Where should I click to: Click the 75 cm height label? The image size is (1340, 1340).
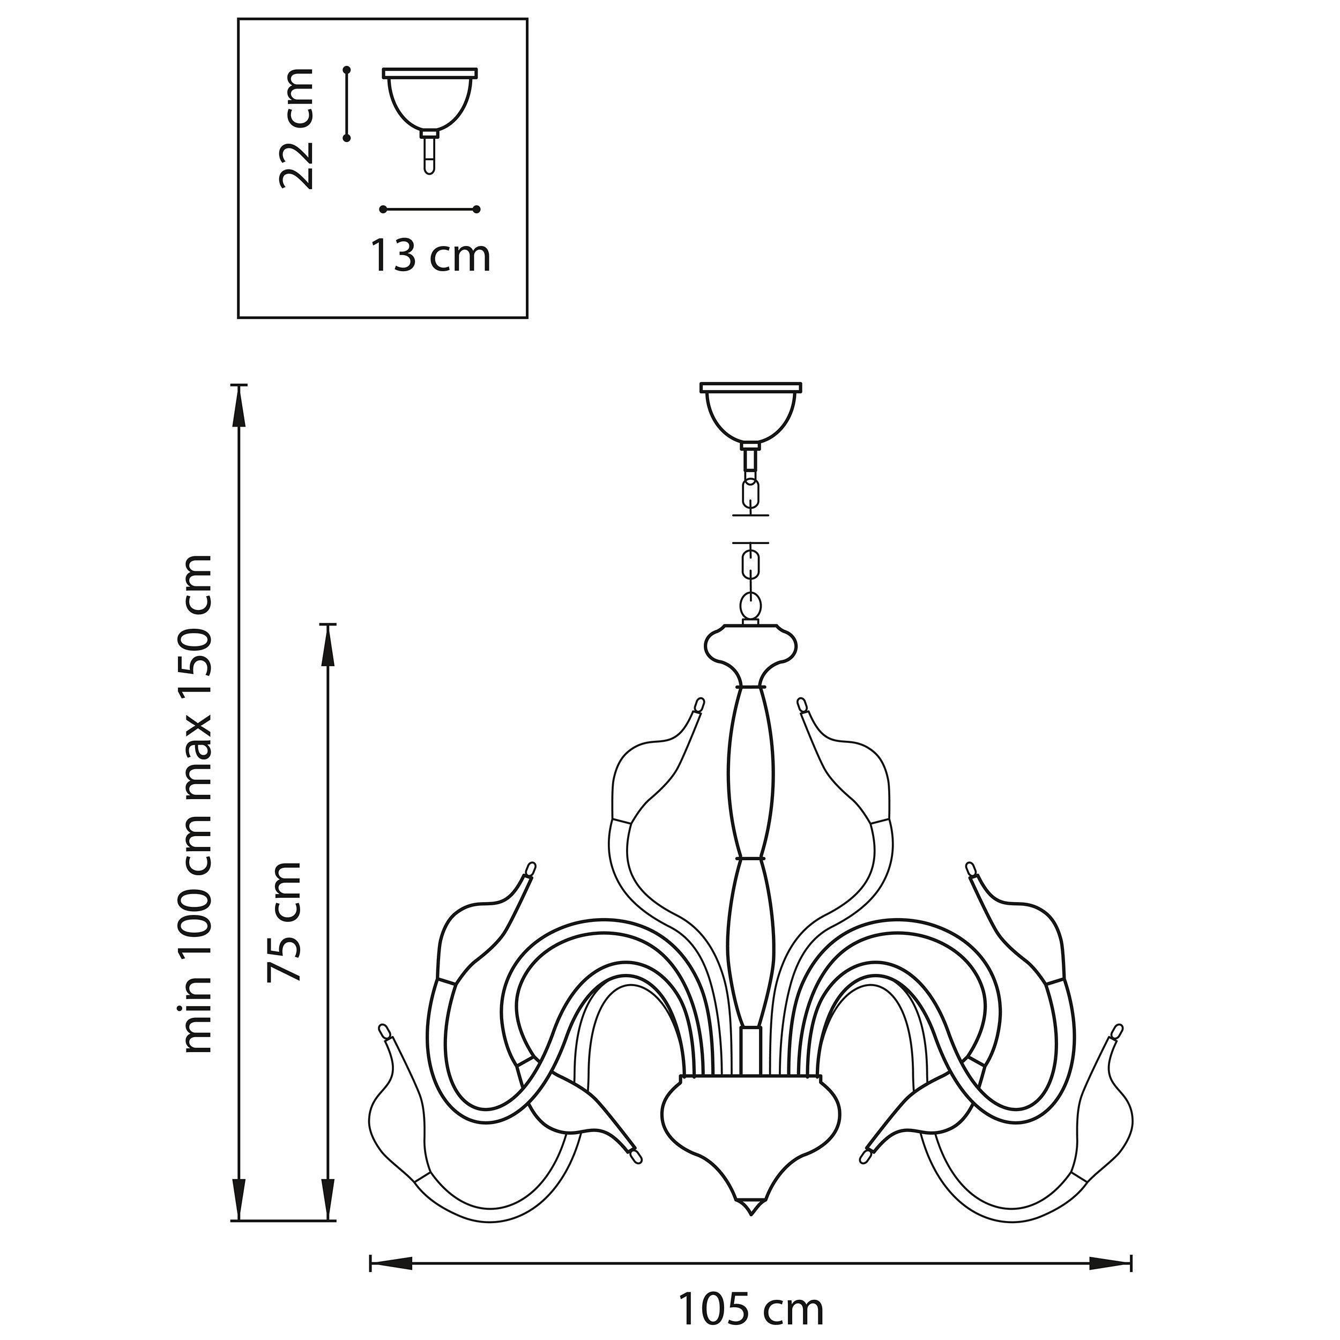[x=285, y=922]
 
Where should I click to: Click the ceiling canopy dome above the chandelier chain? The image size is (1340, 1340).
[x=750, y=414]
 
